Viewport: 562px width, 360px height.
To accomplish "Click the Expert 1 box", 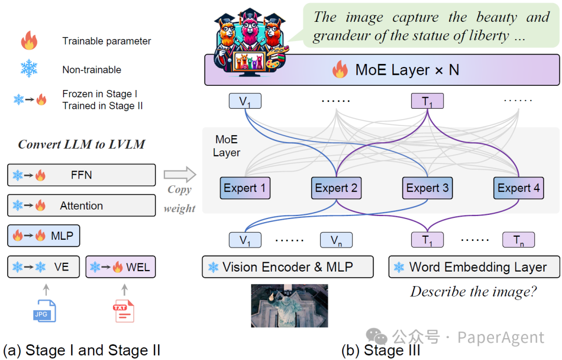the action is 245,188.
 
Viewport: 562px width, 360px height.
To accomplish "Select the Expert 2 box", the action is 336,188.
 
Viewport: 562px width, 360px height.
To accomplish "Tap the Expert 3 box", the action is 427,188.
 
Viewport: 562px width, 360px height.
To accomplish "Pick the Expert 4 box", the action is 519,188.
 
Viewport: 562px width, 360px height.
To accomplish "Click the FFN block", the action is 81,175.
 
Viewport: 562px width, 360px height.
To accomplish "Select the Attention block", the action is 81,205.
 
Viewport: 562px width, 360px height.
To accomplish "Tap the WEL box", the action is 120,267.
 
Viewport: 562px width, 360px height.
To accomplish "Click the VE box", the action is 43,267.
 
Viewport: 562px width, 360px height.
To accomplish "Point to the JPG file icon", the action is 44,311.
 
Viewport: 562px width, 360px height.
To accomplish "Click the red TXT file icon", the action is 124,311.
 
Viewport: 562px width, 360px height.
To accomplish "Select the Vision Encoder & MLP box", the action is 288,267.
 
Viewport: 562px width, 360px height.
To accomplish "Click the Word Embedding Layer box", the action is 474,267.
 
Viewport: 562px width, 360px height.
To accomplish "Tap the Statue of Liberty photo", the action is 290,305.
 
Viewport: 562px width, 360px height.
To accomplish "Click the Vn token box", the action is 336,240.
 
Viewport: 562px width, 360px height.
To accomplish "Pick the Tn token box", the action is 519,240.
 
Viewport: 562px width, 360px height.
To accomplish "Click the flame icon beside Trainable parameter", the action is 29,40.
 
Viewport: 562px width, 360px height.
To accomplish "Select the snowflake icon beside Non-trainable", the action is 29,69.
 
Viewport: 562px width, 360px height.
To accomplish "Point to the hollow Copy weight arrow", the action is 180,175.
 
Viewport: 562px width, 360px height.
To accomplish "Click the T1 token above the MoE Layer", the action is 427,101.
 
